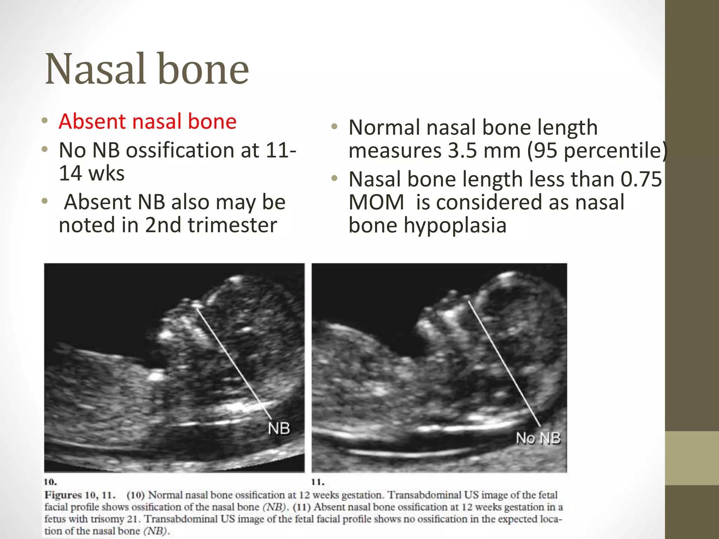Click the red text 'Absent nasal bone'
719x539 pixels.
pos(147,121)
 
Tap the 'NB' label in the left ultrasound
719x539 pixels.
pos(279,428)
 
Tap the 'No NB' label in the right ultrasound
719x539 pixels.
pos(538,438)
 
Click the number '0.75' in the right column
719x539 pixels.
pos(641,179)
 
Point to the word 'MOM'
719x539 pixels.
pos(376,202)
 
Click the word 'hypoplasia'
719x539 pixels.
pos(455,225)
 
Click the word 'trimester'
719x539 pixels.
pos(232,225)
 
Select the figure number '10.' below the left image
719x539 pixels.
pos(51,481)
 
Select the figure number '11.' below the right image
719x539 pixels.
pos(318,481)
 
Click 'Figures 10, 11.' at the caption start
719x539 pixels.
pos(80,495)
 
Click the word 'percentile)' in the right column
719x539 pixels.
pos(615,151)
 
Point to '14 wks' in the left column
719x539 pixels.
pos(92,173)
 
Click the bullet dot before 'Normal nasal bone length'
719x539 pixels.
pos(334,127)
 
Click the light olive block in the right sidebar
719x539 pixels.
pos(692,458)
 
